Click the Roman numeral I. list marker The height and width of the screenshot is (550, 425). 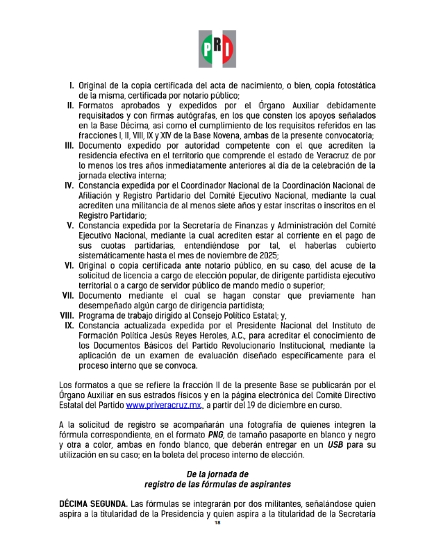[71, 85]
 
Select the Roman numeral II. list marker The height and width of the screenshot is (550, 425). [70, 106]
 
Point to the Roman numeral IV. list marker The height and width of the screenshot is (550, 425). [69, 185]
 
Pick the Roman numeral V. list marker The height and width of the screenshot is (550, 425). [70, 226]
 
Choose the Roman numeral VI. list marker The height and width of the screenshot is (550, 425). [69, 266]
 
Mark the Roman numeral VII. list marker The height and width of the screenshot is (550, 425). [67, 296]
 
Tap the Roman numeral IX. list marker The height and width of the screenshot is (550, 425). [69, 326]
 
